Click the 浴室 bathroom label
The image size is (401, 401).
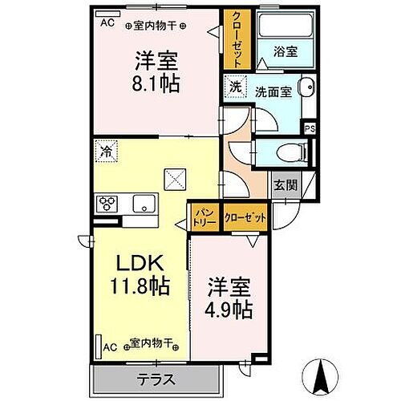pyautogui.click(x=285, y=51)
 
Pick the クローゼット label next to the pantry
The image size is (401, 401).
pyautogui.click(x=241, y=217)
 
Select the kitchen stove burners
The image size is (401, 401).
pyautogui.click(x=107, y=204)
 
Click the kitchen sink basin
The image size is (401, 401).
pyautogui.click(x=144, y=203)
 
